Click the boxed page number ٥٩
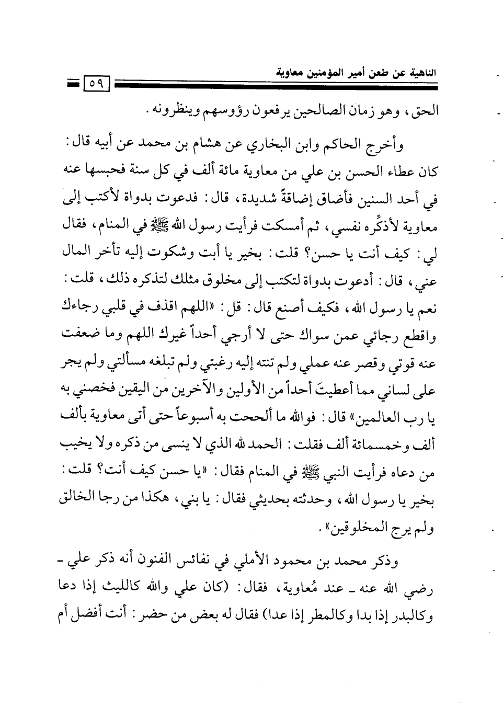pos(96,83)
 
